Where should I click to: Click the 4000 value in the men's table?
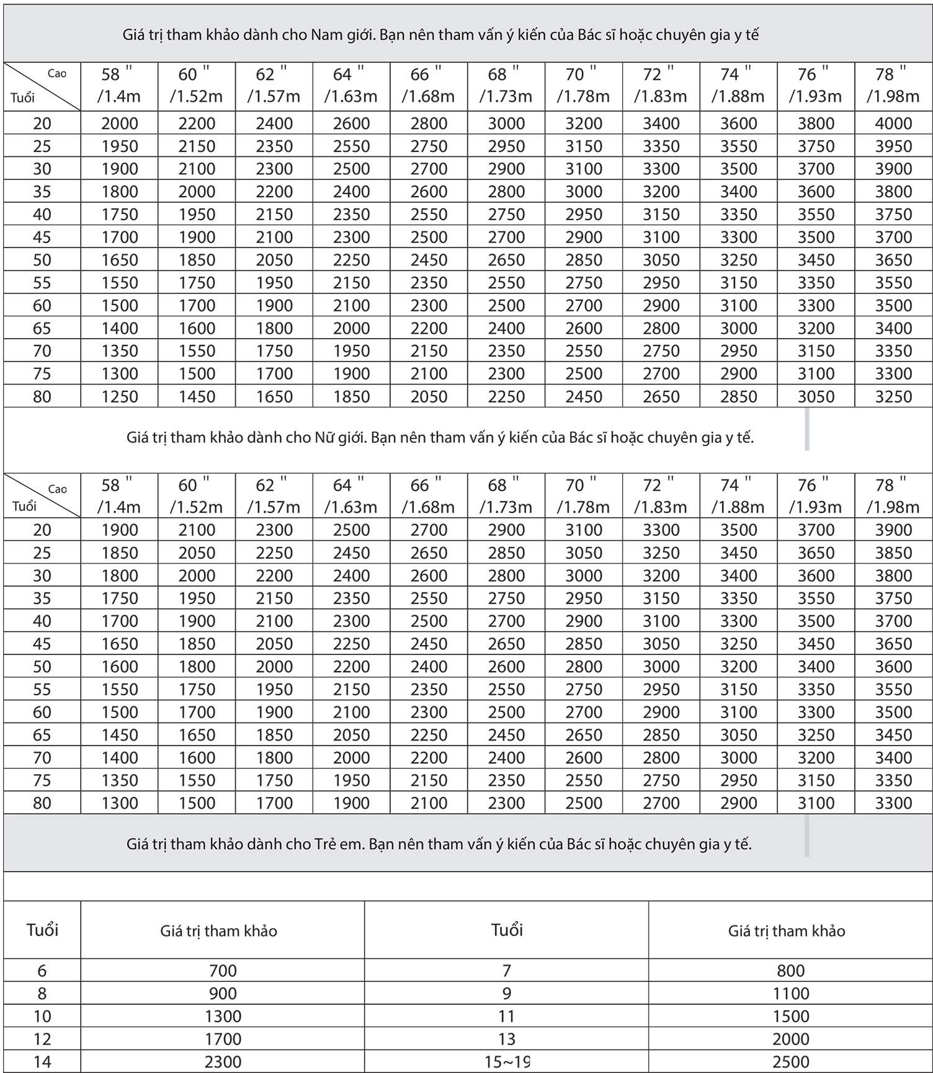pyautogui.click(x=893, y=123)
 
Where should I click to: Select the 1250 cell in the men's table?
pyautogui.click(x=120, y=396)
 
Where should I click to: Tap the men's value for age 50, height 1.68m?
pyautogui.click(x=429, y=260)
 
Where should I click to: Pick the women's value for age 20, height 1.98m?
pyautogui.click(x=893, y=530)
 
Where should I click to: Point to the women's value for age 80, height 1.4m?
pyautogui.click(x=120, y=803)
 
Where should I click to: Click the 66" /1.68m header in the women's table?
pyautogui.click(x=428, y=496)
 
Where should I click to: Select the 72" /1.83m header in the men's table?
pyautogui.click(x=661, y=86)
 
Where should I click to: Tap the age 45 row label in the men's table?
pyautogui.click(x=42, y=237)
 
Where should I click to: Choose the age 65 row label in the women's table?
pyautogui.click(x=42, y=735)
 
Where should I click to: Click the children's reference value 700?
pyautogui.click(x=223, y=971)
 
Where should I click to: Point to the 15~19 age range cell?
pyautogui.click(x=507, y=1062)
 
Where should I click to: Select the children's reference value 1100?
pyautogui.click(x=791, y=994)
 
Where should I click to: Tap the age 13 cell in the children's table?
pyautogui.click(x=507, y=1039)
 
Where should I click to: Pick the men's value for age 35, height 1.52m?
pyautogui.click(x=197, y=192)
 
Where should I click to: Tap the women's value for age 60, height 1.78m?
pyautogui.click(x=584, y=712)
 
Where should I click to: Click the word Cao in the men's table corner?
pyautogui.click(x=57, y=73)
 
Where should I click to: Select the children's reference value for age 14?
pyautogui.click(x=223, y=1062)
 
